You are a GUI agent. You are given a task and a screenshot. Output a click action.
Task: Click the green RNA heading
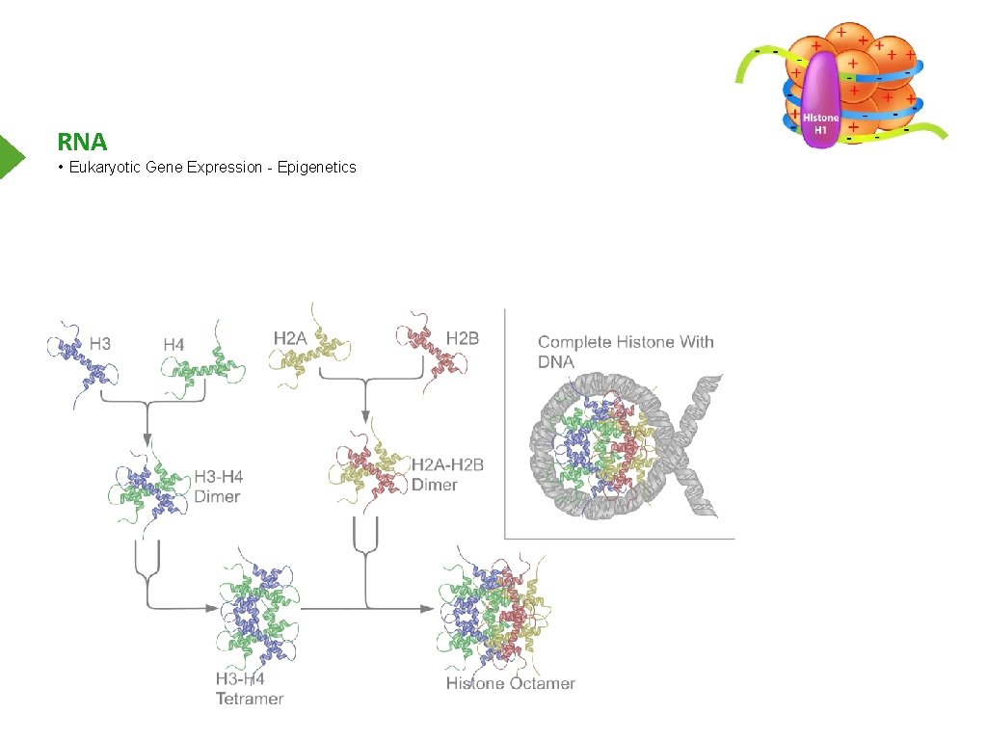(82, 143)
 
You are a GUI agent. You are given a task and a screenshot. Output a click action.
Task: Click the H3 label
(100, 342)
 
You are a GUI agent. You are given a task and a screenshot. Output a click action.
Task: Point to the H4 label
(173, 344)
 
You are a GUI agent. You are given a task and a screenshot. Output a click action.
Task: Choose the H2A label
(290, 338)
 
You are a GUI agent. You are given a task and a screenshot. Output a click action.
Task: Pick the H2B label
(463, 338)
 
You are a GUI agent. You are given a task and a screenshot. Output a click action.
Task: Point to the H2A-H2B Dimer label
(447, 474)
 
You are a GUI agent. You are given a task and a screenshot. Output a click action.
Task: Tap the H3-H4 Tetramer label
(249, 688)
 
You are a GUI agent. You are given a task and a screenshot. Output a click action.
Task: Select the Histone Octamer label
(510, 684)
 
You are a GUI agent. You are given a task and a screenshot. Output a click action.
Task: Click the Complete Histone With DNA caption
(625, 351)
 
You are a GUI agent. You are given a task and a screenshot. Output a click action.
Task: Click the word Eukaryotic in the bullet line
(106, 168)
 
